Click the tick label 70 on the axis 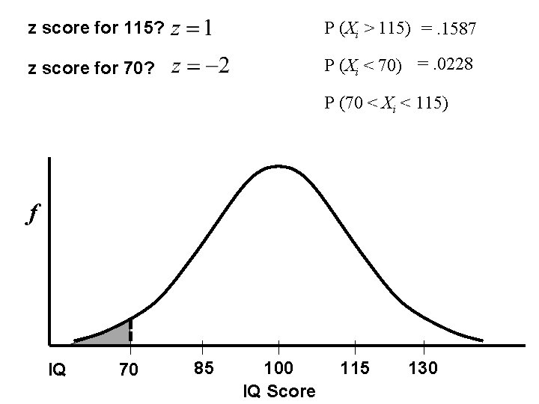tap(129, 369)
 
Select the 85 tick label tap(204, 368)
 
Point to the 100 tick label tap(279, 368)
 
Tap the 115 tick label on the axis tap(355, 368)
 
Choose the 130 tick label tap(424, 368)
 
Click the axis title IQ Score tap(279, 391)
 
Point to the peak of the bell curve tap(278, 165)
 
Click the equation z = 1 tap(192, 29)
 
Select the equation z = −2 tap(201, 67)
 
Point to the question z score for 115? tap(94, 29)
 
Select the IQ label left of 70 tap(58, 369)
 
